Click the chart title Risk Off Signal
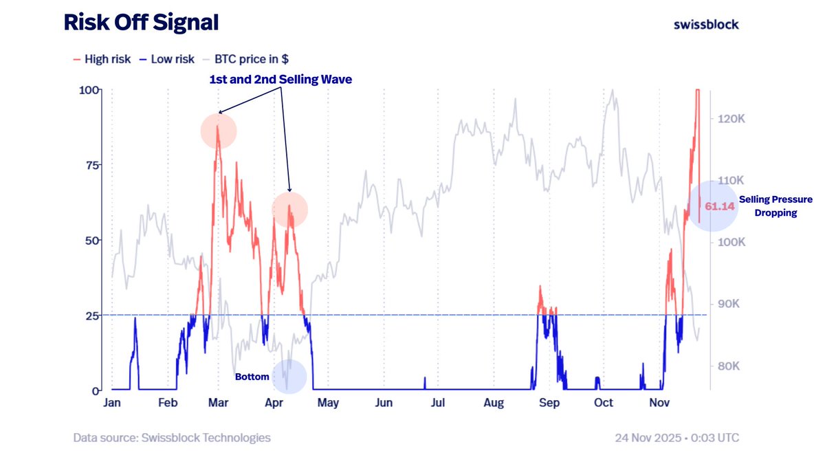click(141, 23)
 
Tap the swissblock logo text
click(706, 24)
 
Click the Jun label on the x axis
click(384, 403)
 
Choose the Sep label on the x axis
click(549, 403)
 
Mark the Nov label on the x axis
click(659, 403)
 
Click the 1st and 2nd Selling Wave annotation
click(280, 80)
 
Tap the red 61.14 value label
click(720, 206)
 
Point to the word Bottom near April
click(252, 377)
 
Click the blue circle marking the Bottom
click(289, 377)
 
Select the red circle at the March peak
click(219, 131)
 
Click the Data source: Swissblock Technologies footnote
click(172, 437)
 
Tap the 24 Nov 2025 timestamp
click(677, 437)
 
